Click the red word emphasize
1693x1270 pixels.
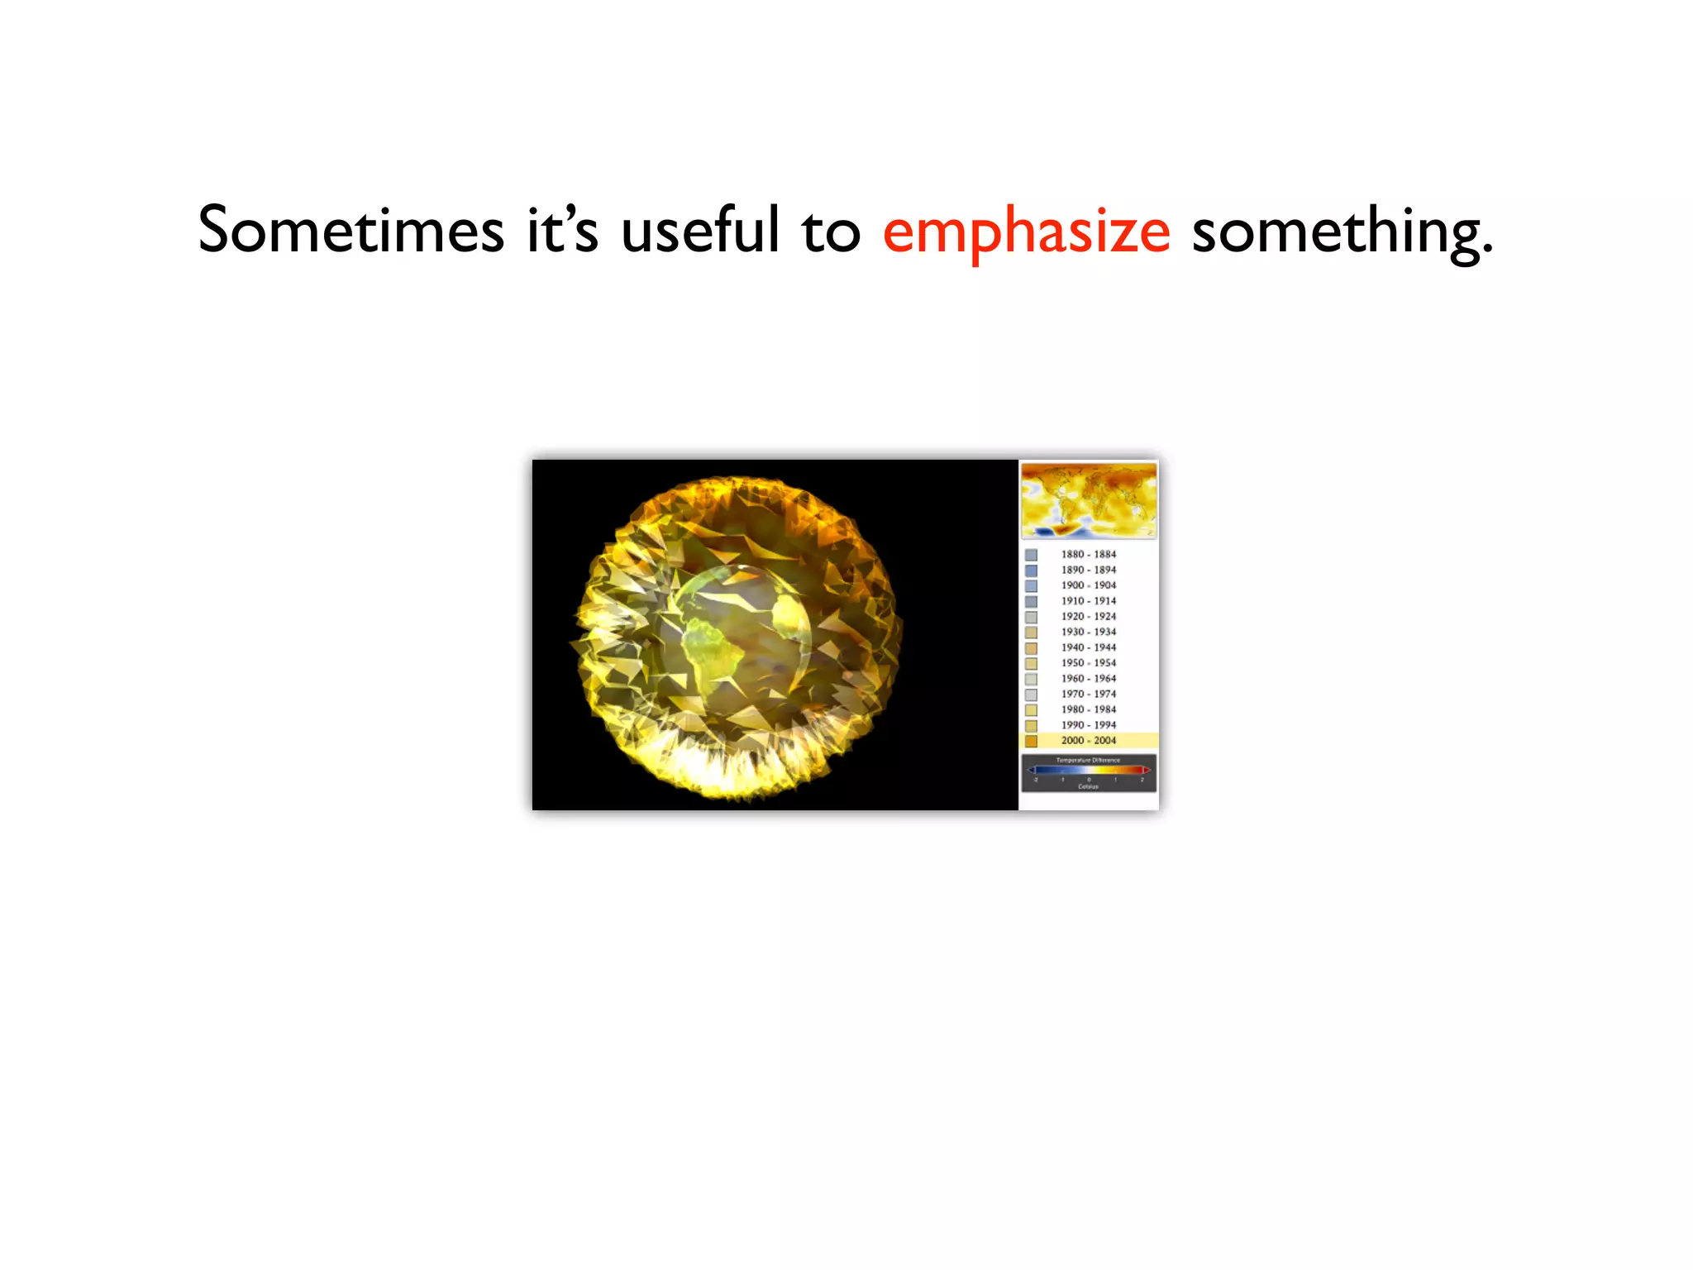(1026, 232)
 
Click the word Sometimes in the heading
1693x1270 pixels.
(351, 230)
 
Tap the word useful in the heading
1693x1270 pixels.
(699, 230)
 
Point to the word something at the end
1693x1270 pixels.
(1342, 232)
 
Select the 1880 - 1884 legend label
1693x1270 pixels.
(1088, 554)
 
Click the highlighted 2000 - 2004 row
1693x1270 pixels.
(1088, 740)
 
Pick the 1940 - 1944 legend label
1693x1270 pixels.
(1088, 647)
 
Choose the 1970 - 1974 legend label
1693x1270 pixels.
(1088, 694)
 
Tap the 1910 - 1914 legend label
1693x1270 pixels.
(1088, 601)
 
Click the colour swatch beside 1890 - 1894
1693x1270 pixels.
(1031, 571)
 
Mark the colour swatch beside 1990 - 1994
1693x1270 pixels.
(1031, 725)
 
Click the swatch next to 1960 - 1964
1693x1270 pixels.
(1031, 679)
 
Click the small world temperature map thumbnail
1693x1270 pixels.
(1088, 501)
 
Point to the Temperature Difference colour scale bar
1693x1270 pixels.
(1088, 771)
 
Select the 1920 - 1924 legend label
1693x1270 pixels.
(1088, 616)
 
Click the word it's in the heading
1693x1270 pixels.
(562, 230)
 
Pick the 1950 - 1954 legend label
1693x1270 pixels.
(1088, 662)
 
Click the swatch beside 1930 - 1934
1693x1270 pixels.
(1031, 633)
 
